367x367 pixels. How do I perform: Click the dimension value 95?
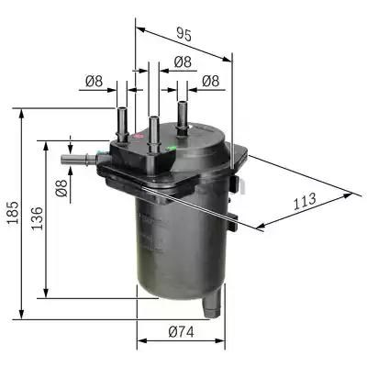183,36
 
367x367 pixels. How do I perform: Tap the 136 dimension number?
38,220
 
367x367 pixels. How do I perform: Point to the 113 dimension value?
305,198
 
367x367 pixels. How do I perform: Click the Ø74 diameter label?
182,332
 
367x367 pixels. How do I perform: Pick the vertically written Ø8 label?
61,190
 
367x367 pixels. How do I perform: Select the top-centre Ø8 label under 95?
183,62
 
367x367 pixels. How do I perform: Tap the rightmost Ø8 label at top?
210,82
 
